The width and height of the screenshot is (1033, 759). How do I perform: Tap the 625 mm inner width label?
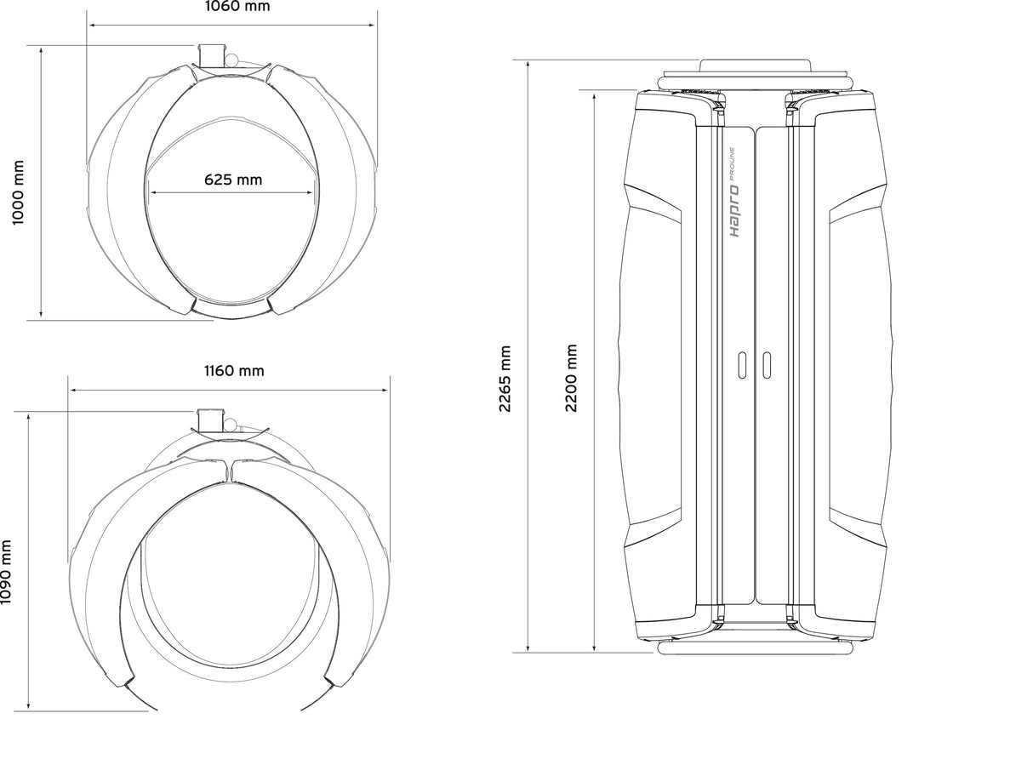coord(233,180)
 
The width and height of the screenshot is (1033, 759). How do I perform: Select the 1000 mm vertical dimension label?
coord(18,192)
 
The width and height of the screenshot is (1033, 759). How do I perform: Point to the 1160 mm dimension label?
coord(233,371)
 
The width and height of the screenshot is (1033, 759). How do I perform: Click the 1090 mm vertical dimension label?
coord(6,572)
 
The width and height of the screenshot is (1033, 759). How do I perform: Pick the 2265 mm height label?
coord(505,379)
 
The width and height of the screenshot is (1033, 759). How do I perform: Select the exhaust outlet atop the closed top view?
coord(209,54)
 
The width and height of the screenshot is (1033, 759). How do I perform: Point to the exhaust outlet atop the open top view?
coord(209,419)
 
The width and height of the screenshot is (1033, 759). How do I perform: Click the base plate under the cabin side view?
coord(754,648)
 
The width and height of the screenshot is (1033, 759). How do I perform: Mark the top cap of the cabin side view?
coord(754,66)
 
